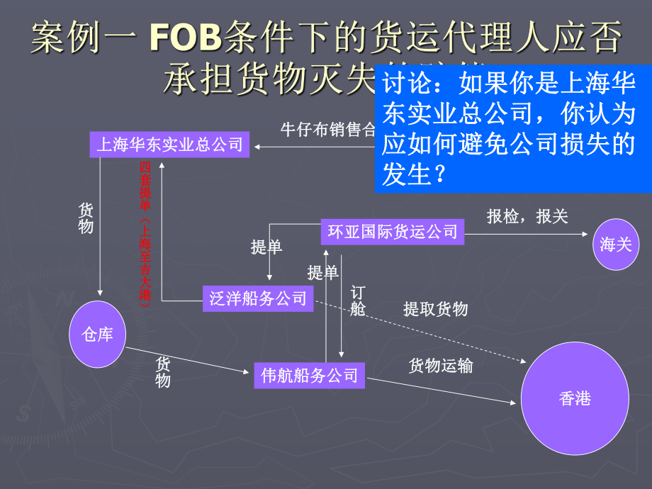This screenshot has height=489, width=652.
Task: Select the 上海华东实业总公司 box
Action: pos(169,145)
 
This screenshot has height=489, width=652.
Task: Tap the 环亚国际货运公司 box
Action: pos(393,231)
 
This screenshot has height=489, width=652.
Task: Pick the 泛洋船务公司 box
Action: pos(258,298)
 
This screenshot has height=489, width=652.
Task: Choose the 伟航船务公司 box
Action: pos(310,375)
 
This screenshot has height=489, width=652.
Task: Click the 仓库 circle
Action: pos(97,334)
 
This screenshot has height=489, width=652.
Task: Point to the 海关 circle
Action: pos(615,244)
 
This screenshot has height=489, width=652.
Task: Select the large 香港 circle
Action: pos(575,399)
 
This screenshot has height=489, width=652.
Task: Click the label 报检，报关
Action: pos(527,216)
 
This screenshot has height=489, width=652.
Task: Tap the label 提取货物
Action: pos(435,308)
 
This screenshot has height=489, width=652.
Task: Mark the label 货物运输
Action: pos(441,365)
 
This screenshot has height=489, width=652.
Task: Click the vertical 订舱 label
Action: pos(357,301)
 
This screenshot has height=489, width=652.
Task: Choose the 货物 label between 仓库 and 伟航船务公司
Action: pos(163,372)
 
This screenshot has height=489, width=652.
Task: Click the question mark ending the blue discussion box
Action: pos(439,174)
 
